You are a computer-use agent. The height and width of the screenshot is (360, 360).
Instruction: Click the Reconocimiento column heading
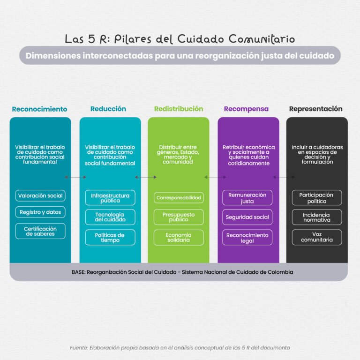click(39, 109)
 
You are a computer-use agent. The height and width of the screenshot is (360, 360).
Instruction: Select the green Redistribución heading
click(179, 109)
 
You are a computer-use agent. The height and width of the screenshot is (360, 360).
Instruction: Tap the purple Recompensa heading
click(246, 109)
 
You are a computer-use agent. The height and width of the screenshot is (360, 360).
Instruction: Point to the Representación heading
click(315, 109)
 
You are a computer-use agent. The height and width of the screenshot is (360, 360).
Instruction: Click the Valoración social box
click(40, 195)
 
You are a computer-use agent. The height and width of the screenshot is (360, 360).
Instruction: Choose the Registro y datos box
click(40, 212)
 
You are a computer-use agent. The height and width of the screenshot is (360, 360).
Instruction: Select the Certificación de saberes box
click(40, 231)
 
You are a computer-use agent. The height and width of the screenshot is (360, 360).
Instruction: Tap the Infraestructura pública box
click(110, 198)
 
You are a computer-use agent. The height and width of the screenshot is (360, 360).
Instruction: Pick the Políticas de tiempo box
click(110, 237)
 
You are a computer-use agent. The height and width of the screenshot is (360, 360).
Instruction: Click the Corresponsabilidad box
click(179, 198)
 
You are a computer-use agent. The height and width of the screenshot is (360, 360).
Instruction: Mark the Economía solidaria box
click(179, 237)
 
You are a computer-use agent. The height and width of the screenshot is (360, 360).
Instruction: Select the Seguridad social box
click(247, 217)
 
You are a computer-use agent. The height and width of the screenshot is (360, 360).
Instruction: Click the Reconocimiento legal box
click(247, 237)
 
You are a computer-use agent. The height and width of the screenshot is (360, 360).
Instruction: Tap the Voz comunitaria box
click(317, 237)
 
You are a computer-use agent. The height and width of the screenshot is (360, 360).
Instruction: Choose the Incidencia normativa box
click(317, 217)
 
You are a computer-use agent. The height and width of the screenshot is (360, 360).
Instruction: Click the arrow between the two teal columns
click(75, 177)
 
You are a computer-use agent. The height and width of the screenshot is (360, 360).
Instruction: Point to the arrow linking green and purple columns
click(215, 177)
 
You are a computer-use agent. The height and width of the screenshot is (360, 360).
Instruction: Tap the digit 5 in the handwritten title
click(91, 38)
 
